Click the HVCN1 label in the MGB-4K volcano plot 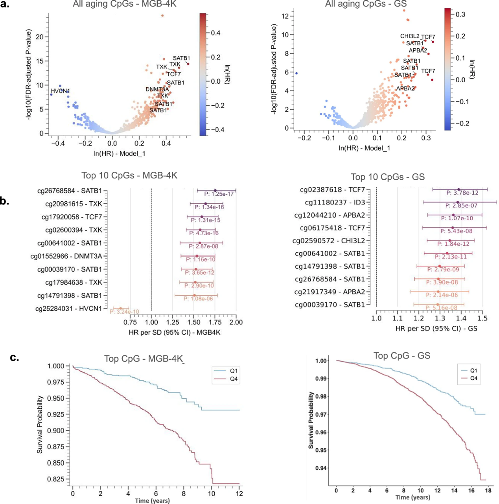(x=60, y=91)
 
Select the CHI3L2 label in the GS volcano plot (x=410, y=37)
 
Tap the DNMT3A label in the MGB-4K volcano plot (x=157, y=90)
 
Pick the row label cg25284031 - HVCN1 (x=69, y=309)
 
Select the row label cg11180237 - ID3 (x=335, y=203)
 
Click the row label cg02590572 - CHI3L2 (x=329, y=241)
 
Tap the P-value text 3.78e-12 (x=462, y=193)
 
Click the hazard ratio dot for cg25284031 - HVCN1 (x=121, y=309)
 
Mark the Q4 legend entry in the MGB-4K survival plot (x=234, y=379)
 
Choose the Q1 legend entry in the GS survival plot (x=473, y=371)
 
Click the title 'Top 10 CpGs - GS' (x=388, y=177)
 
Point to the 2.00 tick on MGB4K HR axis (x=236, y=322)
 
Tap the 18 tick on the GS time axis (x=488, y=491)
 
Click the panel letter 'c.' (x=15, y=358)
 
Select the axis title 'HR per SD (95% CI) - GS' (x=436, y=328)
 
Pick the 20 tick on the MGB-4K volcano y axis (x=40, y=37)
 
